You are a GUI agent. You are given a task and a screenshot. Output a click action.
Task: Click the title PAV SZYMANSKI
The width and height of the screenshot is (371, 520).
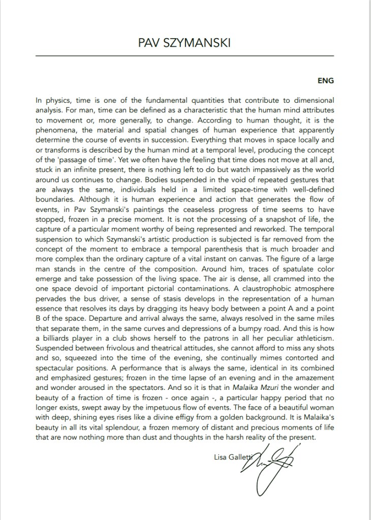point(184,43)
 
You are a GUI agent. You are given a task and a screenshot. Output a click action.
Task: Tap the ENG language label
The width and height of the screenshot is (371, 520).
point(325,80)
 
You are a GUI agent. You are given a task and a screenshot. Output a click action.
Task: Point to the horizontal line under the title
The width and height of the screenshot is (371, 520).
point(184,55)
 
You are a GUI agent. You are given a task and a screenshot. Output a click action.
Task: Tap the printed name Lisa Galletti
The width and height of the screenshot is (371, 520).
point(236,457)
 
